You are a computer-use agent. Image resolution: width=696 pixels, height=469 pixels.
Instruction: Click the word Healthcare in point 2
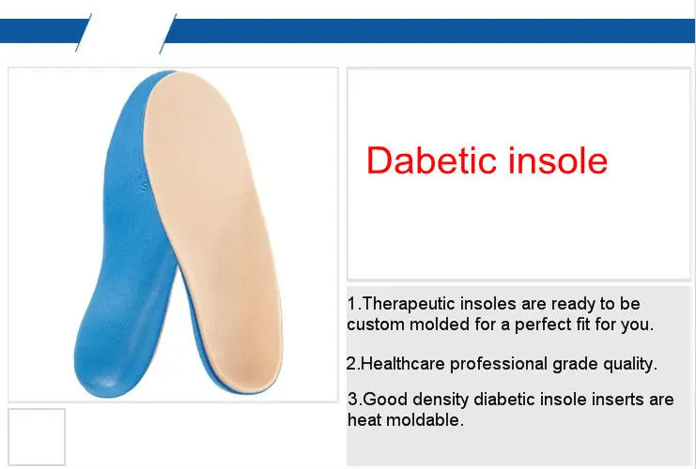[404, 363]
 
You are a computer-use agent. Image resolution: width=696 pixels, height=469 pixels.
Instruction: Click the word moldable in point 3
[425, 420]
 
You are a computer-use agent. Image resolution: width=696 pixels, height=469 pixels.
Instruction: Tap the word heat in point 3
[363, 420]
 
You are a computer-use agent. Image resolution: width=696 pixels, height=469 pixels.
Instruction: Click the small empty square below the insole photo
[37, 436]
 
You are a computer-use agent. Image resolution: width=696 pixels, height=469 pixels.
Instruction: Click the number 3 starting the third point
[352, 400]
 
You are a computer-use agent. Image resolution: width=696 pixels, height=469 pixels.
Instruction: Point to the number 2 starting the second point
[350, 363]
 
